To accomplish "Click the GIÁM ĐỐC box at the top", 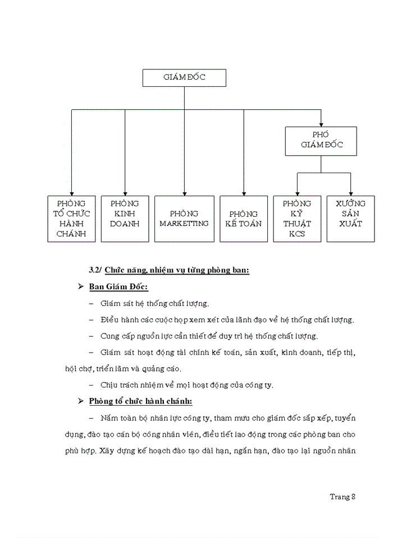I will point(184,78).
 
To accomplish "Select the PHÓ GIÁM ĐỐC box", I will point(321,141).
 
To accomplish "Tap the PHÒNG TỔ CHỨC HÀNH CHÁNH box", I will point(71,219).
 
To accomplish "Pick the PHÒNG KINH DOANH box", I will point(125,219).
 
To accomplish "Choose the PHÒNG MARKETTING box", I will point(184,219).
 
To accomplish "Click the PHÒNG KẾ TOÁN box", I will point(244,219).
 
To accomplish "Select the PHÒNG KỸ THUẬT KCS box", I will point(297,219).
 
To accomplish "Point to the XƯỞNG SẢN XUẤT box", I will point(350,219).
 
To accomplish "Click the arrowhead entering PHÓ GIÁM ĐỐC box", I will point(321,123).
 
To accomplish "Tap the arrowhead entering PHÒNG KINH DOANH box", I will point(125,192).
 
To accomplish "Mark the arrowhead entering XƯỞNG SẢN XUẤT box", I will point(350,192).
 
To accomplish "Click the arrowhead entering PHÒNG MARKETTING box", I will point(184,192).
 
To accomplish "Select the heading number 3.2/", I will point(95,270).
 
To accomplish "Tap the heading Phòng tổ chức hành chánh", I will point(141,401).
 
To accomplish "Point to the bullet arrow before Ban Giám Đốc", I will point(80,287).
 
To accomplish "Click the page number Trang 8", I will point(342,497).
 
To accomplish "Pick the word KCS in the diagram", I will point(297,234).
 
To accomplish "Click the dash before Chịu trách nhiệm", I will point(92,385).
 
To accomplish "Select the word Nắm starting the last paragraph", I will point(108,418).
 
